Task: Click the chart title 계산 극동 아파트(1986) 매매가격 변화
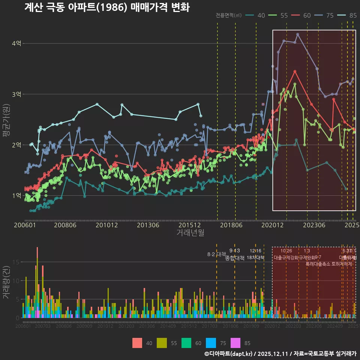107,7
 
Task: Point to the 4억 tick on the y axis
16,43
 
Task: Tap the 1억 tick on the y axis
16,195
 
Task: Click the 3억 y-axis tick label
16,94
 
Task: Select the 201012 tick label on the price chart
106,225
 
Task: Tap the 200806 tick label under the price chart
65,225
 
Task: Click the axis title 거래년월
190,233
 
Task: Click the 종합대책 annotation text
235,258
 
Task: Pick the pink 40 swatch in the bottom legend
137,343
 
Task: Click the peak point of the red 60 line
295,71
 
